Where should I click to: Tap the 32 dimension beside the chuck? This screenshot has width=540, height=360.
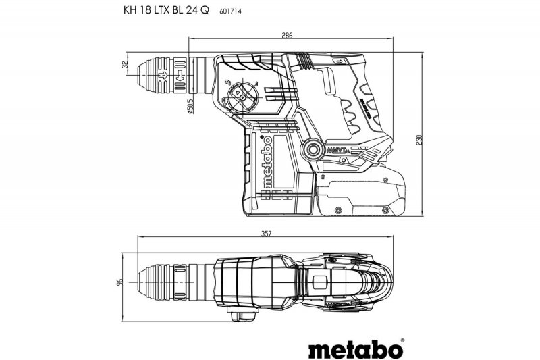tap(125, 66)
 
